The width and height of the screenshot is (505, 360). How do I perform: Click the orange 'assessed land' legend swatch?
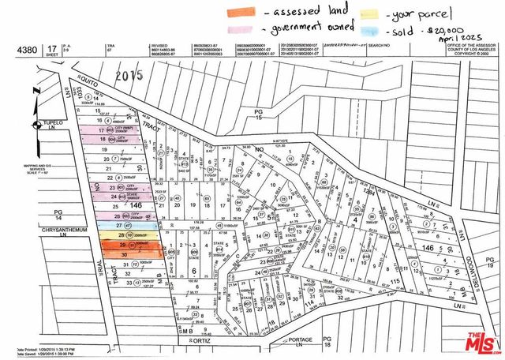coord(241,13)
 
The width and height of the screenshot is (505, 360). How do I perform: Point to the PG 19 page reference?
coord(489,264)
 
